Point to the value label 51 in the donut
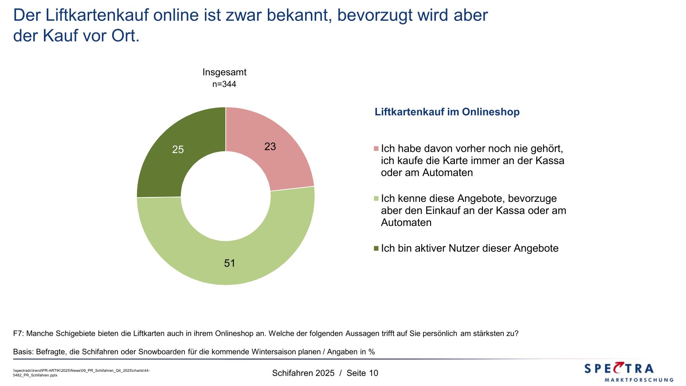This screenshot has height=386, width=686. pos(229,263)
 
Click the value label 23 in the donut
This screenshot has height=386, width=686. pos(270,146)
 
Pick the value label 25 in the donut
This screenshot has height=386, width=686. pos(178,150)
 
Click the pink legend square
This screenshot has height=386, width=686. pos(376,149)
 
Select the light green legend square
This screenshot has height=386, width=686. pos(376,198)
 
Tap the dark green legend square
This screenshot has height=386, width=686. pos(376,248)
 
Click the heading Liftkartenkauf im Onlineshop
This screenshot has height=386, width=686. pos(447,112)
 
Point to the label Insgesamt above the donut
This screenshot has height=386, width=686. pos(224,72)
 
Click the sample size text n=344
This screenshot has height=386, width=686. pos(224,84)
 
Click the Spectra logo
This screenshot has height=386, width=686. pos(619,368)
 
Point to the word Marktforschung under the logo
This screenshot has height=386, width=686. pos(639,380)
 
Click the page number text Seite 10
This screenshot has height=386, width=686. pos(362,373)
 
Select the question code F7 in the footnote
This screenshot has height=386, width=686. pos(18,333)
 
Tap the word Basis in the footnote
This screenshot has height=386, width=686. pos(23,352)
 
